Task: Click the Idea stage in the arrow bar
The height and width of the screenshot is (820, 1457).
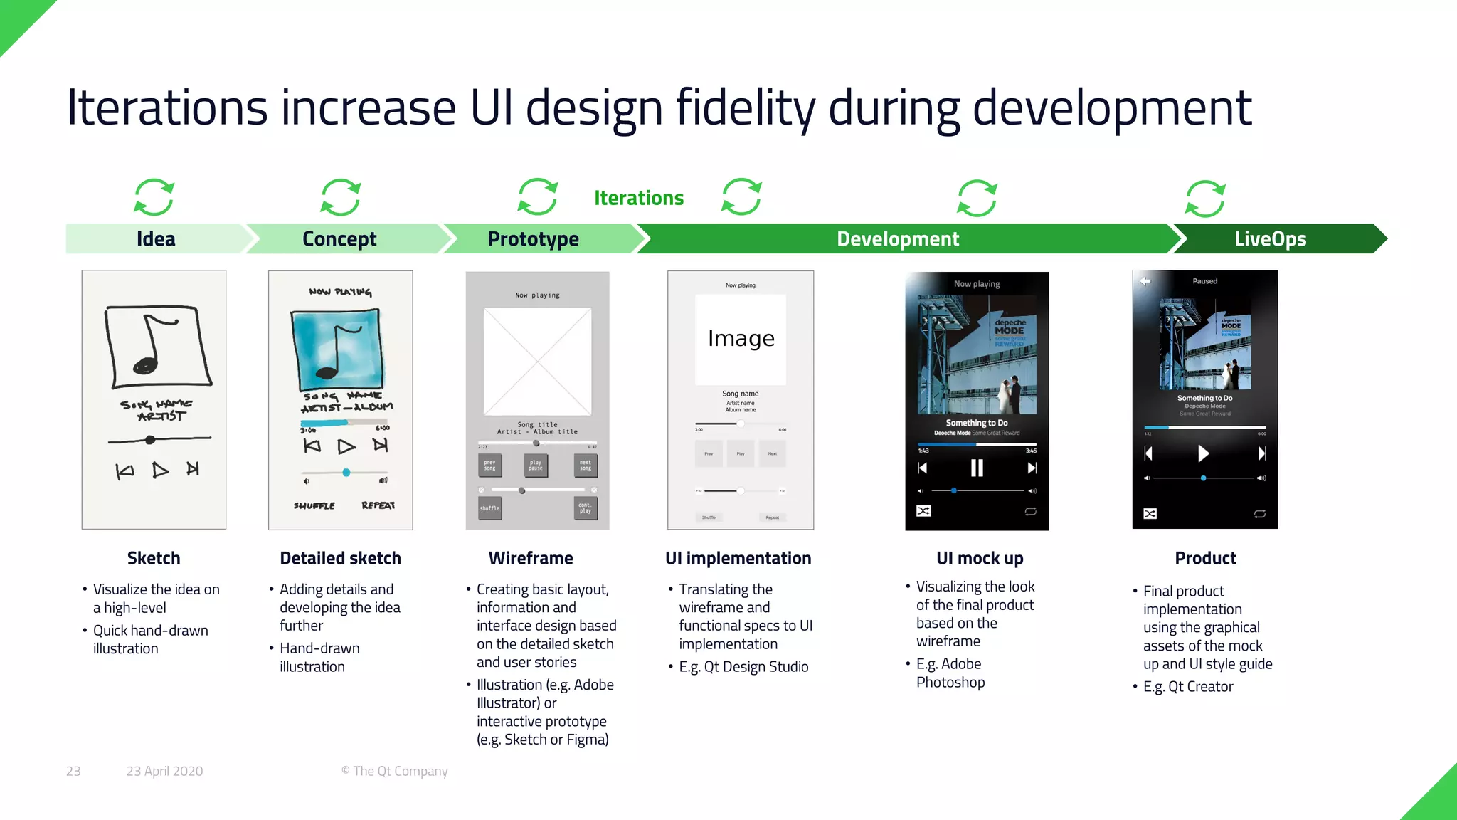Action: [156, 239]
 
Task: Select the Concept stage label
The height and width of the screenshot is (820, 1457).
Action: [339, 239]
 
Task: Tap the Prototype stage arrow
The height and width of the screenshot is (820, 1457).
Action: [533, 239]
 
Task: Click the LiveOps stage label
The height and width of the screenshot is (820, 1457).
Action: [1270, 239]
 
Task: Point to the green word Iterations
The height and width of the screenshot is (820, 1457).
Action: [638, 198]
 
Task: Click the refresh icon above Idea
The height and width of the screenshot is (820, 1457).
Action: [154, 197]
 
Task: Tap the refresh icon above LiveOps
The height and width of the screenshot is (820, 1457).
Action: [1205, 199]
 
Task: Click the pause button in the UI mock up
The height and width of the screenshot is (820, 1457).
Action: [977, 468]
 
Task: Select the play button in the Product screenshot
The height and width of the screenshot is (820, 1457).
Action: [1203, 453]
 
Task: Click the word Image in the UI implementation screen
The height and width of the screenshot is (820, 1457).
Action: [741, 338]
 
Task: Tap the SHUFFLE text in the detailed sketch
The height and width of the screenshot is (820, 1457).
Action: [314, 505]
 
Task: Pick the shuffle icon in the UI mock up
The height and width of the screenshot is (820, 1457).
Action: [923, 511]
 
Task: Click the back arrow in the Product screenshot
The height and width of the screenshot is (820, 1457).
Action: [1145, 281]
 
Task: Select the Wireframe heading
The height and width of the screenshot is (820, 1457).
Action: [531, 558]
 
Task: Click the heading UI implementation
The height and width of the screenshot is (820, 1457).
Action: [738, 558]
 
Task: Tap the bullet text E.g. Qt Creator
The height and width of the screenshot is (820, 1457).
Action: [1188, 687]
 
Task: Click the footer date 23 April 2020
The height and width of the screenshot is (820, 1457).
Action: [164, 771]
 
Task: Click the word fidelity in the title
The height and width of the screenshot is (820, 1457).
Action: [745, 108]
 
